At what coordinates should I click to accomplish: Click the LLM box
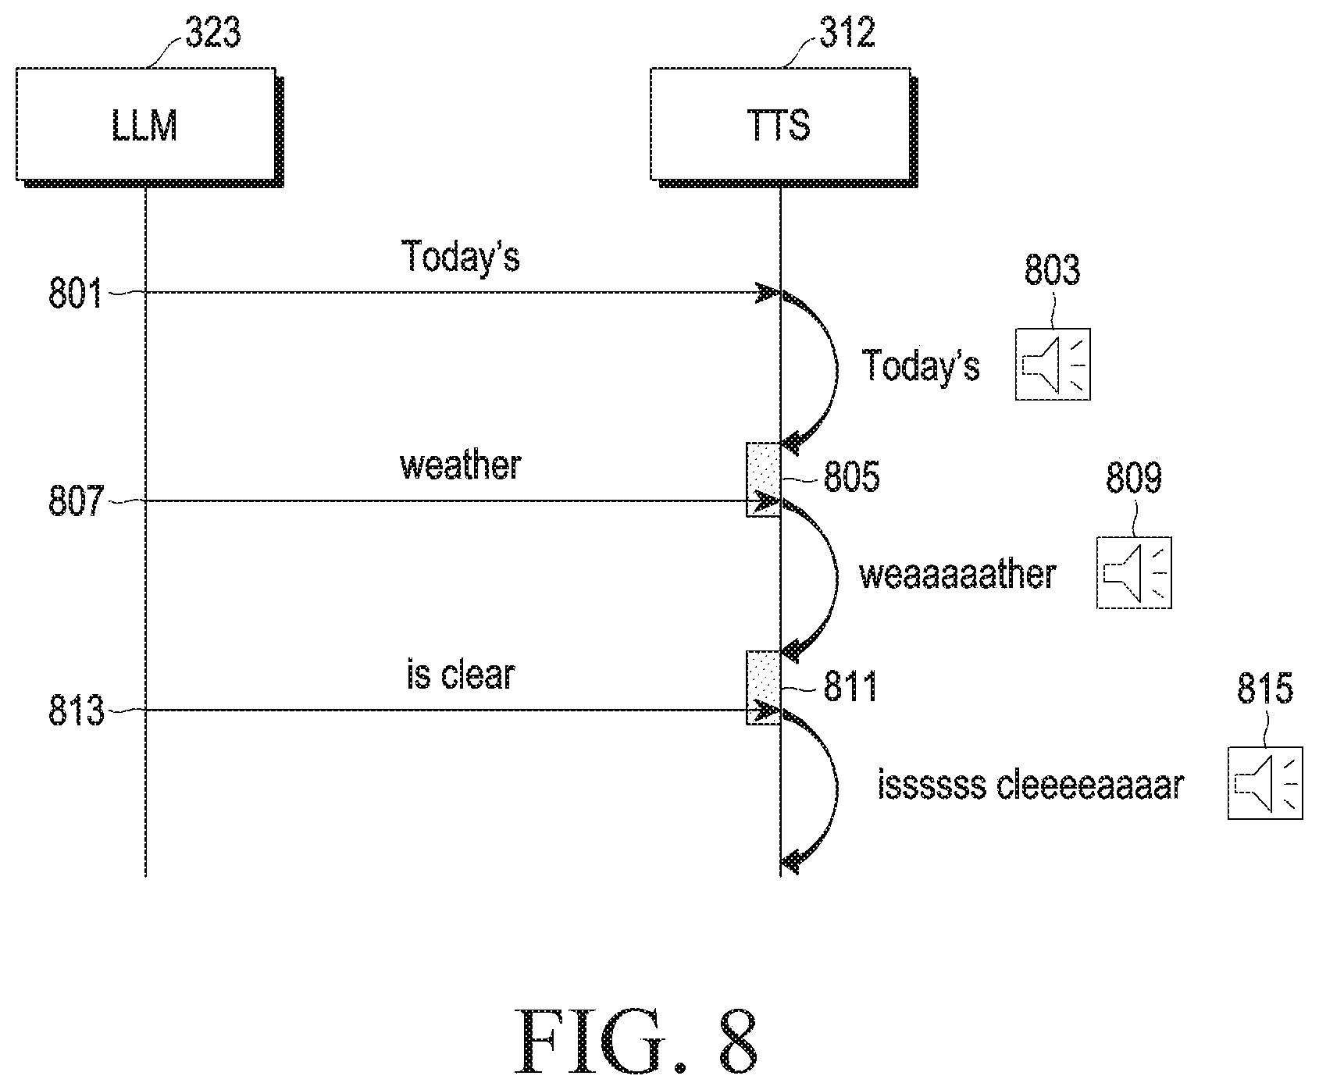(148, 126)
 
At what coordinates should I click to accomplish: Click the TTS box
(783, 126)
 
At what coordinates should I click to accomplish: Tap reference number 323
(212, 34)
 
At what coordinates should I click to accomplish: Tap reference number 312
(847, 34)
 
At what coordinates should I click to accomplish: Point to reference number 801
(76, 295)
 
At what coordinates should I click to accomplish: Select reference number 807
(76, 502)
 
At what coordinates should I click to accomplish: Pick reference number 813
(76, 711)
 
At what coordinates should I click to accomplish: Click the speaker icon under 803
(1053, 365)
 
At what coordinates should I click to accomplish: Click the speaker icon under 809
(1134, 572)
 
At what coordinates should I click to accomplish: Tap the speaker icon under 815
(1265, 782)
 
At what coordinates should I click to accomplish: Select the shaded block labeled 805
(763, 479)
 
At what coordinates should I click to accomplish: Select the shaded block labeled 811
(763, 687)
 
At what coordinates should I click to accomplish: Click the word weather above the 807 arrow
(461, 465)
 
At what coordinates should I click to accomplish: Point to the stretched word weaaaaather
(957, 575)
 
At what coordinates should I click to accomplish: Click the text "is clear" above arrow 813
(461, 675)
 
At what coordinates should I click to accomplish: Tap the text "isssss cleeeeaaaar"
(1031, 785)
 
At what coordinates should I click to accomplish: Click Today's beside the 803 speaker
(921, 365)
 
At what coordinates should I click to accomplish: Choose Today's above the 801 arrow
(461, 256)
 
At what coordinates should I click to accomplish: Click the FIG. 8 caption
(636, 1043)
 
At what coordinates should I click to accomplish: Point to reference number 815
(1265, 689)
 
